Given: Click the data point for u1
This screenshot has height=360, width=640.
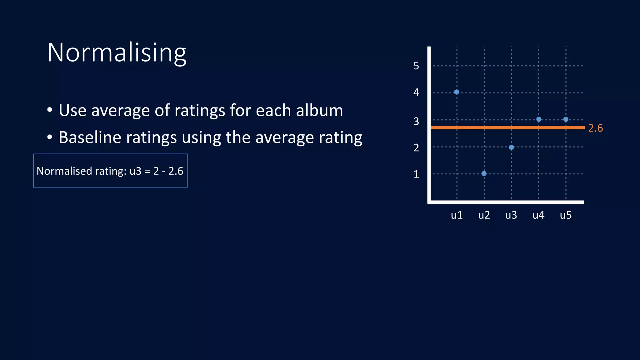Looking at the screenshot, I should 457,92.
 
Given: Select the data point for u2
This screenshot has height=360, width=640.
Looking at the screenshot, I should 484,173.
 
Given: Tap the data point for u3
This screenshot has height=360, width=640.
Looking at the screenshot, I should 511,147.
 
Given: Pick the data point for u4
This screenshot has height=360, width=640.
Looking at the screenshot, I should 539,119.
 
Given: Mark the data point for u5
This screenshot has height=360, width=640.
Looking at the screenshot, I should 566,119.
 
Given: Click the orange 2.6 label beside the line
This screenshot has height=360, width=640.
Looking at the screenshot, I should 595,128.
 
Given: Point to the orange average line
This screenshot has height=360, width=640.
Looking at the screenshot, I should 500,127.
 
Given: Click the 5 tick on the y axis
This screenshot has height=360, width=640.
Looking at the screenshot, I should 416,66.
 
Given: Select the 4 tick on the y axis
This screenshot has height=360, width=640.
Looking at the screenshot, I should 416,92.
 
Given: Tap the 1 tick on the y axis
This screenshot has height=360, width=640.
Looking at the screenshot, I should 416,174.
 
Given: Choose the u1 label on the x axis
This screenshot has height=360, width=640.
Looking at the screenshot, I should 457,215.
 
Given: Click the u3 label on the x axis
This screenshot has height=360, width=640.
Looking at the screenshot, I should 511,215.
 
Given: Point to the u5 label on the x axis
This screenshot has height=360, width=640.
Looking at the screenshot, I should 566,215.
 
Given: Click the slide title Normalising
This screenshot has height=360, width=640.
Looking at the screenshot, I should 117,52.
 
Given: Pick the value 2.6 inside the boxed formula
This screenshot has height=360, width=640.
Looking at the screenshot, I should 176,171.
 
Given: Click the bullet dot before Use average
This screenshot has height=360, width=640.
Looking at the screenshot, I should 50,110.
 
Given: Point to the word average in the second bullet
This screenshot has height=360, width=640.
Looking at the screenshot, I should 284,137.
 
